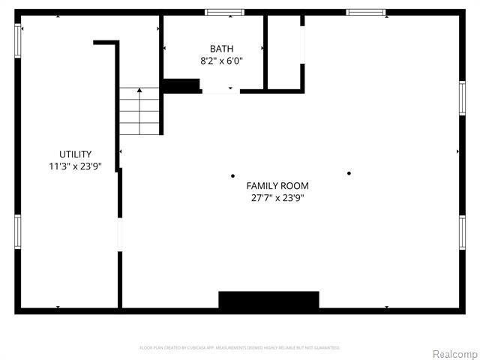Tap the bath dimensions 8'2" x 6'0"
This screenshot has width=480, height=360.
(221, 61)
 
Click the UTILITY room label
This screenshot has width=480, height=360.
(76, 154)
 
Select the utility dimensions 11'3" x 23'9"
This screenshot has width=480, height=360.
(76, 167)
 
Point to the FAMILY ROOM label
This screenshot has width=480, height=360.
(277, 185)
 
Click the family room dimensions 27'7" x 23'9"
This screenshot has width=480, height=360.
(277, 199)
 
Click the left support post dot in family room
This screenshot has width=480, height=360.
(232, 176)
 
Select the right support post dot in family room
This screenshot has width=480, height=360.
(349, 173)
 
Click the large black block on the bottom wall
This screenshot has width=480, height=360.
(268, 300)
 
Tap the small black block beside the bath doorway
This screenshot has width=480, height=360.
(181, 85)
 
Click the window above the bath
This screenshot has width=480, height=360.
(225, 12)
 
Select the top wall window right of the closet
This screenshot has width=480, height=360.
(365, 12)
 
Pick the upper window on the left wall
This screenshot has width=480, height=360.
(18, 40)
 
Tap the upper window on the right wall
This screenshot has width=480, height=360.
(462, 98)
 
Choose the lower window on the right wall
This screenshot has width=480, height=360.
(462, 232)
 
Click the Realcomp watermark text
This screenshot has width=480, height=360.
(454, 353)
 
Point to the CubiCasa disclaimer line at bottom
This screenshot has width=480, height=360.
(240, 348)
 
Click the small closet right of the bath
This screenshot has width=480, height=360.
(284, 52)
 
